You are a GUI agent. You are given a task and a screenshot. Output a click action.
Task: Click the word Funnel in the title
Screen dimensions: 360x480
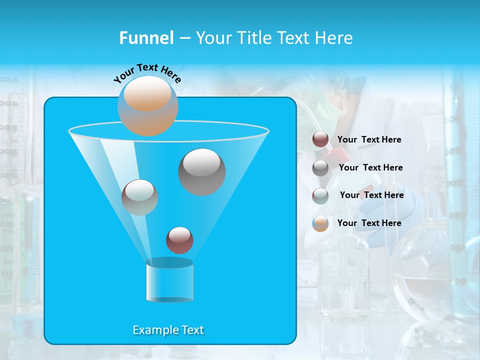click(x=146, y=38)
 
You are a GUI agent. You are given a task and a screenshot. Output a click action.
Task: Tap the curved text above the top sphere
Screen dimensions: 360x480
click(x=147, y=72)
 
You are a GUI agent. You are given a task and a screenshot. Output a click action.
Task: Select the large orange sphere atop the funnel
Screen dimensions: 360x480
click(x=147, y=105)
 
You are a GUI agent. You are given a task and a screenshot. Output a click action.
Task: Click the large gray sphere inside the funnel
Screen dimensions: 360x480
click(x=201, y=171)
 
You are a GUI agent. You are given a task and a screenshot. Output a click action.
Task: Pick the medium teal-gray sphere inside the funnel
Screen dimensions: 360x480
click(x=139, y=197)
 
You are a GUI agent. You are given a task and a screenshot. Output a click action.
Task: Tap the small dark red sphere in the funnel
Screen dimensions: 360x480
click(x=179, y=240)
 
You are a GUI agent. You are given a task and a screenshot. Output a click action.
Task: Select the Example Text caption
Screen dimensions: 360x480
click(x=168, y=330)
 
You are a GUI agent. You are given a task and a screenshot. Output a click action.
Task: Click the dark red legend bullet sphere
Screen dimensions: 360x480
click(x=320, y=139)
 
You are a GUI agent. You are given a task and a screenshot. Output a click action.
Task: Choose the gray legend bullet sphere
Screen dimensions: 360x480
click(x=320, y=167)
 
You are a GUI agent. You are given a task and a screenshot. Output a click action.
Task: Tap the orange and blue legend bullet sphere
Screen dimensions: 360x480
click(x=320, y=223)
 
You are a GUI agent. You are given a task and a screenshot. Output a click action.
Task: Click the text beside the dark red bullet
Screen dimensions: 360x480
click(x=369, y=139)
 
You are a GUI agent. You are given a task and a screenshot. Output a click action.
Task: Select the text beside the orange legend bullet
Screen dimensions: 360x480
click(x=369, y=223)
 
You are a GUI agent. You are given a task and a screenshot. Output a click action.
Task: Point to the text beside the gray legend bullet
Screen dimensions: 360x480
click(x=370, y=167)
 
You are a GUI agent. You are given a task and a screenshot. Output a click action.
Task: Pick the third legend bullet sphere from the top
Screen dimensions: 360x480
click(x=320, y=195)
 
